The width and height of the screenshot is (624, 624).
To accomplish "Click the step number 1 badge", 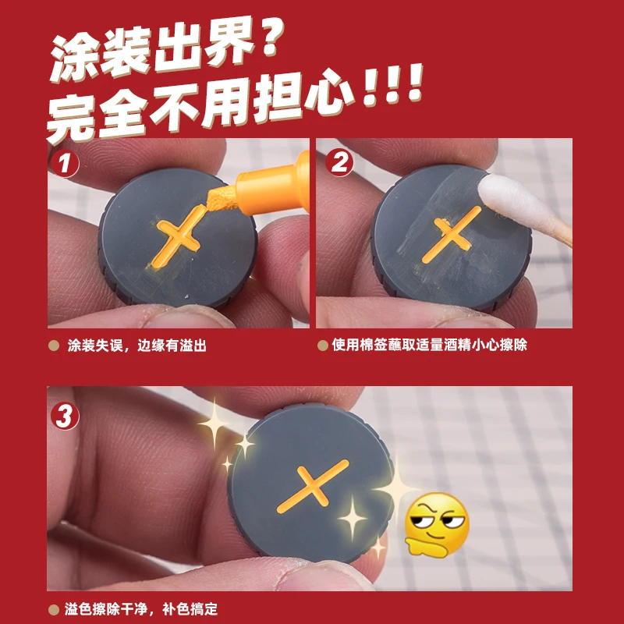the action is [65, 163].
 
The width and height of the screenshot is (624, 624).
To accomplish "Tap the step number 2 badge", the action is [339, 162].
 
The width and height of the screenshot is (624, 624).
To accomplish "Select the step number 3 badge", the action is [65, 417].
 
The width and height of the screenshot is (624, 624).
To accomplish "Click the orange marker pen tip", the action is [222, 199].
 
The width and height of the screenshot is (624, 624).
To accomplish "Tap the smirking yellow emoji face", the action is [437, 524].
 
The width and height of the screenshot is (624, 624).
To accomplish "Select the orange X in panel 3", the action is [313, 486].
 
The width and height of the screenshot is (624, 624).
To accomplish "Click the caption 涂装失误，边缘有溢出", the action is [137, 345].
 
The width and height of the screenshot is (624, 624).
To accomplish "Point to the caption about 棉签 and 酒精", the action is [430, 344].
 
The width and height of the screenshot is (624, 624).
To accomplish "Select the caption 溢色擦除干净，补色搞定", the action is [141, 609].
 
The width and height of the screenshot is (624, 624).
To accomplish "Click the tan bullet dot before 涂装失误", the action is [54, 346].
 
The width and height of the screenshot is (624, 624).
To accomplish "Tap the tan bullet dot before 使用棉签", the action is [323, 345].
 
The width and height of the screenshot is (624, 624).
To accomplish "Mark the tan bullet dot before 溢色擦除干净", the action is [54, 609].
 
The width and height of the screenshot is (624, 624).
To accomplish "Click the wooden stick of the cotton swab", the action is [560, 234].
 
